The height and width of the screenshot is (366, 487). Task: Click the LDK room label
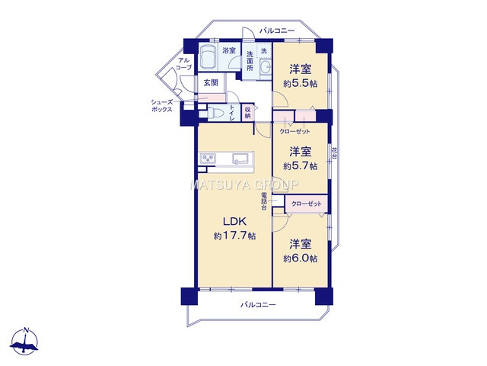(x=234, y=222)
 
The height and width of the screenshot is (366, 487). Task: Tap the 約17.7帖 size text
(x=234, y=236)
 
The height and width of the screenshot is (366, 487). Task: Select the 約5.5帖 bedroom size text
(x=301, y=83)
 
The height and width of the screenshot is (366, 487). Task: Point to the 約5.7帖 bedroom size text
(x=301, y=165)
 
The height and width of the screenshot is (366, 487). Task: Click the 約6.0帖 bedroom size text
(x=301, y=258)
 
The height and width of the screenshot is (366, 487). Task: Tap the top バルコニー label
(x=277, y=30)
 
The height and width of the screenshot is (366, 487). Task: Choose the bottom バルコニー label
(x=259, y=305)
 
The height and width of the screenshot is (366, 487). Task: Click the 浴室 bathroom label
(x=229, y=51)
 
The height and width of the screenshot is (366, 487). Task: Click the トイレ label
(x=232, y=113)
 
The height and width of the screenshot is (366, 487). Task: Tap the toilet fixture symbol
(x=217, y=114)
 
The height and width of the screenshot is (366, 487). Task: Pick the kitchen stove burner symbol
(x=208, y=159)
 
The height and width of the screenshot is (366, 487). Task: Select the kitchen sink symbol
(x=237, y=159)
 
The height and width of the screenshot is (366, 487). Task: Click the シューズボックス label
(x=161, y=105)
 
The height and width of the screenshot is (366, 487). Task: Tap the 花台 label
(x=335, y=156)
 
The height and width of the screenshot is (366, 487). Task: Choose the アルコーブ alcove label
(x=183, y=64)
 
